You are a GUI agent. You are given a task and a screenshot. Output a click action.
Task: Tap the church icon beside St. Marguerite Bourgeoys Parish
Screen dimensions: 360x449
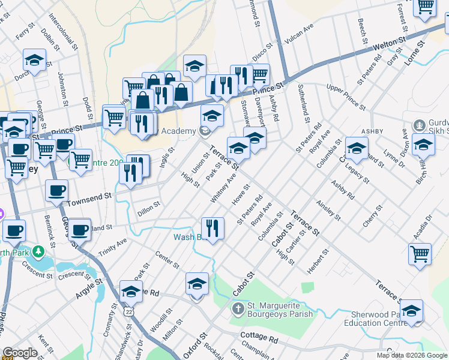[238, 310]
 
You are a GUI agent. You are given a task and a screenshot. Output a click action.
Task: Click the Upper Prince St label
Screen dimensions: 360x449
[345, 97]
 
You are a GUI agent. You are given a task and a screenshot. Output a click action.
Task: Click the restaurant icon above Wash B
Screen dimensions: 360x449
[212, 228]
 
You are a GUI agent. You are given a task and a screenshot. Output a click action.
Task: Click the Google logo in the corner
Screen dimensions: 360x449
[20, 352]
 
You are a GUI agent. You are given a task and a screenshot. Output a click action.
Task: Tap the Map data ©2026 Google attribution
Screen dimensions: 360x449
[411, 355]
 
